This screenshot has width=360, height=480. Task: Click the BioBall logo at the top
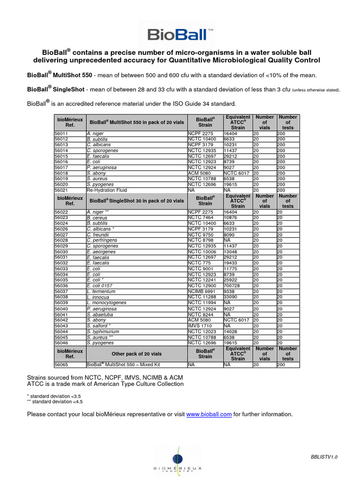click(x=180, y=34)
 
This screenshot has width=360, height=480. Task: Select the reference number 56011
click(x=61, y=134)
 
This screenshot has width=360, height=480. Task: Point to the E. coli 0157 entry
click(x=99, y=285)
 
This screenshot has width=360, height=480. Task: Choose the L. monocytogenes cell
click(x=106, y=303)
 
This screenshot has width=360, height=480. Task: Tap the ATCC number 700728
click(x=233, y=285)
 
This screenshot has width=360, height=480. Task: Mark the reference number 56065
click(x=61, y=364)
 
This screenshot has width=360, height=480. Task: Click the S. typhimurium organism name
click(x=103, y=331)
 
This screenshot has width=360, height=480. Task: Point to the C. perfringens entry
click(x=102, y=240)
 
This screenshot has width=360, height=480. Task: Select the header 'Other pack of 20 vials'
click(x=136, y=354)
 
